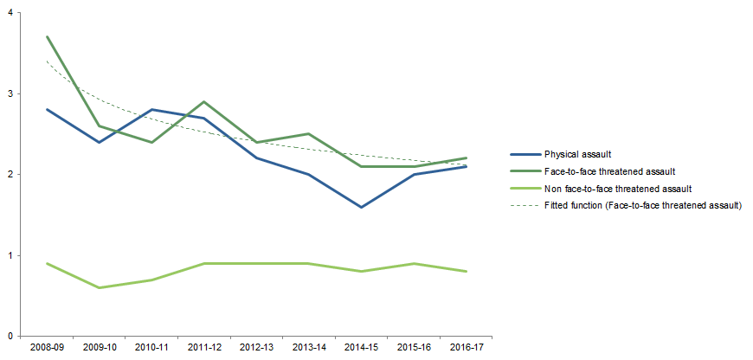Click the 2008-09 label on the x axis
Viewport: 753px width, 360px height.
point(47,348)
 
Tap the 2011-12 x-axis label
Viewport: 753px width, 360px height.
point(203,348)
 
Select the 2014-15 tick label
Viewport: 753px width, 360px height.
point(360,348)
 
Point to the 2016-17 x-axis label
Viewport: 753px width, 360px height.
point(465,348)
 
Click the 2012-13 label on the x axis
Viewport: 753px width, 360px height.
point(255,348)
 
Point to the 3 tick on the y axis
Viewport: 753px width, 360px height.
point(10,93)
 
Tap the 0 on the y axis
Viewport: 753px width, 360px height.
point(10,336)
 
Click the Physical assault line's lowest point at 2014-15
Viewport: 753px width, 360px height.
point(360,207)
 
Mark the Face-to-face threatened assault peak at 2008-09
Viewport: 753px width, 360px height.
point(47,36)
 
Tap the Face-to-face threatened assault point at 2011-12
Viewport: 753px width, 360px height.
point(203,101)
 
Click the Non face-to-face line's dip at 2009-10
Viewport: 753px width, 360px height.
point(99,287)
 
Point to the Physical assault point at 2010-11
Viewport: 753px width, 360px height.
point(151,110)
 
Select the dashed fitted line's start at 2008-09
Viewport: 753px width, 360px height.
point(47,61)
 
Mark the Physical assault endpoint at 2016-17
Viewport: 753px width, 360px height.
point(465,166)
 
